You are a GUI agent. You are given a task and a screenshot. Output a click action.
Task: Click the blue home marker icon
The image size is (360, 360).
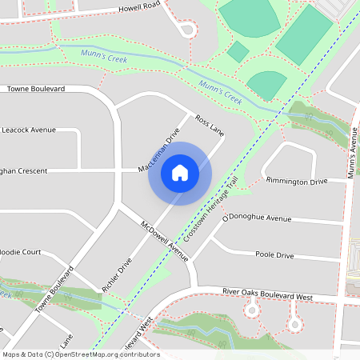click(x=180, y=172)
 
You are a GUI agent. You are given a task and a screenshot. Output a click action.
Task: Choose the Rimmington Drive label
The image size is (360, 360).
click(x=297, y=182)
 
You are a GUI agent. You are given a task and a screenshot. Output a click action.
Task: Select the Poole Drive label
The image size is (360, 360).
click(x=274, y=256)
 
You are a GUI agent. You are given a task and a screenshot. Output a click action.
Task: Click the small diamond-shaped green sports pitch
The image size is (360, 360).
click(x=238, y=52)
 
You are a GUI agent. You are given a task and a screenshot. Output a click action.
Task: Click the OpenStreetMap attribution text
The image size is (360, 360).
click(x=81, y=354)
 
